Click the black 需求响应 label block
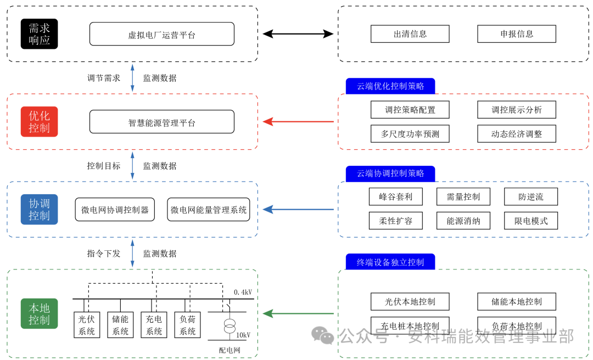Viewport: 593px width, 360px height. coord(39,34)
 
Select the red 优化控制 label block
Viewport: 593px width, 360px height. coord(39,122)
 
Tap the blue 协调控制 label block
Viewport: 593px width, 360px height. coord(39,210)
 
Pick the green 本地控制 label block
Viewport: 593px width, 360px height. coord(39,313)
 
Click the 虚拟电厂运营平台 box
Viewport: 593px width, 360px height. coord(162,34)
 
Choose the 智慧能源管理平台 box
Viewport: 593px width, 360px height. coord(162,122)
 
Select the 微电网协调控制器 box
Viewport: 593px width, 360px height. coord(115,210)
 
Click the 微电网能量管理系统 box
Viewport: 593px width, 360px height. coord(209,210)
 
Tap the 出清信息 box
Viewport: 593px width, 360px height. coord(410,34)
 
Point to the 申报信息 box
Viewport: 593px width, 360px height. coord(516,34)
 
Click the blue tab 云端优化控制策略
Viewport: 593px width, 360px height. coord(390,86)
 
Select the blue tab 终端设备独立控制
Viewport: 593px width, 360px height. coord(390,262)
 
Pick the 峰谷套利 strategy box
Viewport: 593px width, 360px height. coord(395,197)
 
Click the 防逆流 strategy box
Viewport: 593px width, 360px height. coord(530,197)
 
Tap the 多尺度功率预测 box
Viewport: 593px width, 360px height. coord(410,134)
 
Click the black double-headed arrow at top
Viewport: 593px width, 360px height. coord(298,34)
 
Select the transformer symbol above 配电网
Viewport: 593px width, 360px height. coord(229,327)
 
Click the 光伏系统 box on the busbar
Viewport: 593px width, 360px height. coord(87,325)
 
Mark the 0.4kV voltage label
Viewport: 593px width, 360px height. coord(242,292)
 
